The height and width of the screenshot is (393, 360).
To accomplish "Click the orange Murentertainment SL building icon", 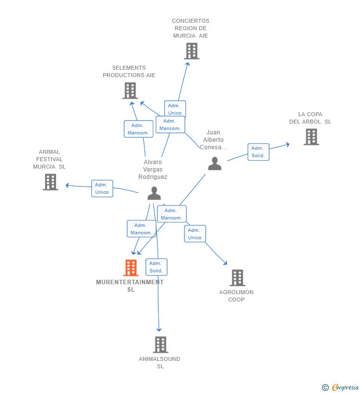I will tap(131, 268).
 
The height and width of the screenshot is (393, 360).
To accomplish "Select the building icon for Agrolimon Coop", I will tap(237, 278).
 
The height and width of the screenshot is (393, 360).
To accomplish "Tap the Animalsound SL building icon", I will tap(160, 345).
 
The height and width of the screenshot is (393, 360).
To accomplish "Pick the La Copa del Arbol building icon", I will tap(311, 137).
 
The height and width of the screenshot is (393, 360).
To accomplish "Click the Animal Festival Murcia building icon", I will tap(50, 182).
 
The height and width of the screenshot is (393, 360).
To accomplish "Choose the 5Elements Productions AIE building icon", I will tap(130, 90).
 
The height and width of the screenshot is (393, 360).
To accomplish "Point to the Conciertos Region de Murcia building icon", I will tap(191, 51).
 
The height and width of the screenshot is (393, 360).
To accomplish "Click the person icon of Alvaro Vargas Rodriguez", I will tap(154, 193).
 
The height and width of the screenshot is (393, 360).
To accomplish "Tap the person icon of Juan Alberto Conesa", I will tap(215, 164).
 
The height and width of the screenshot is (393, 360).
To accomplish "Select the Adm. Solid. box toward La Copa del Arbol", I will tap(258, 152).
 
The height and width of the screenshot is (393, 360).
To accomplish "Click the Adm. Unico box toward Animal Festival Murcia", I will tap(102, 188).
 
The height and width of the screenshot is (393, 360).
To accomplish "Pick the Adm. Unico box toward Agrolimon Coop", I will tap(195, 234).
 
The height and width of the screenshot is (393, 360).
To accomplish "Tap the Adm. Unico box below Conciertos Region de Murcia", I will tap(175, 109).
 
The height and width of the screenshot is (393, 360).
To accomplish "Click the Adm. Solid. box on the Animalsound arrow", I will tap(156, 267).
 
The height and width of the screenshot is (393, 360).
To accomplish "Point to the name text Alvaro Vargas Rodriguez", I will tap(153, 170).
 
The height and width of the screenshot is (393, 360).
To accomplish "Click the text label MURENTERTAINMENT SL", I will tap(130, 286).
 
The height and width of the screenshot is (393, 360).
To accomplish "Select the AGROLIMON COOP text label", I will tap(236, 296).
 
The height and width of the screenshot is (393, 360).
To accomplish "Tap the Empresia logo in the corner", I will tap(340, 387).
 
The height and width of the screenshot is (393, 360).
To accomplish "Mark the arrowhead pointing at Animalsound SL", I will tap(159, 329).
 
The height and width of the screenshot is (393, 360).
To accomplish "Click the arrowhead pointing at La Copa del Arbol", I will tap(287, 144).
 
